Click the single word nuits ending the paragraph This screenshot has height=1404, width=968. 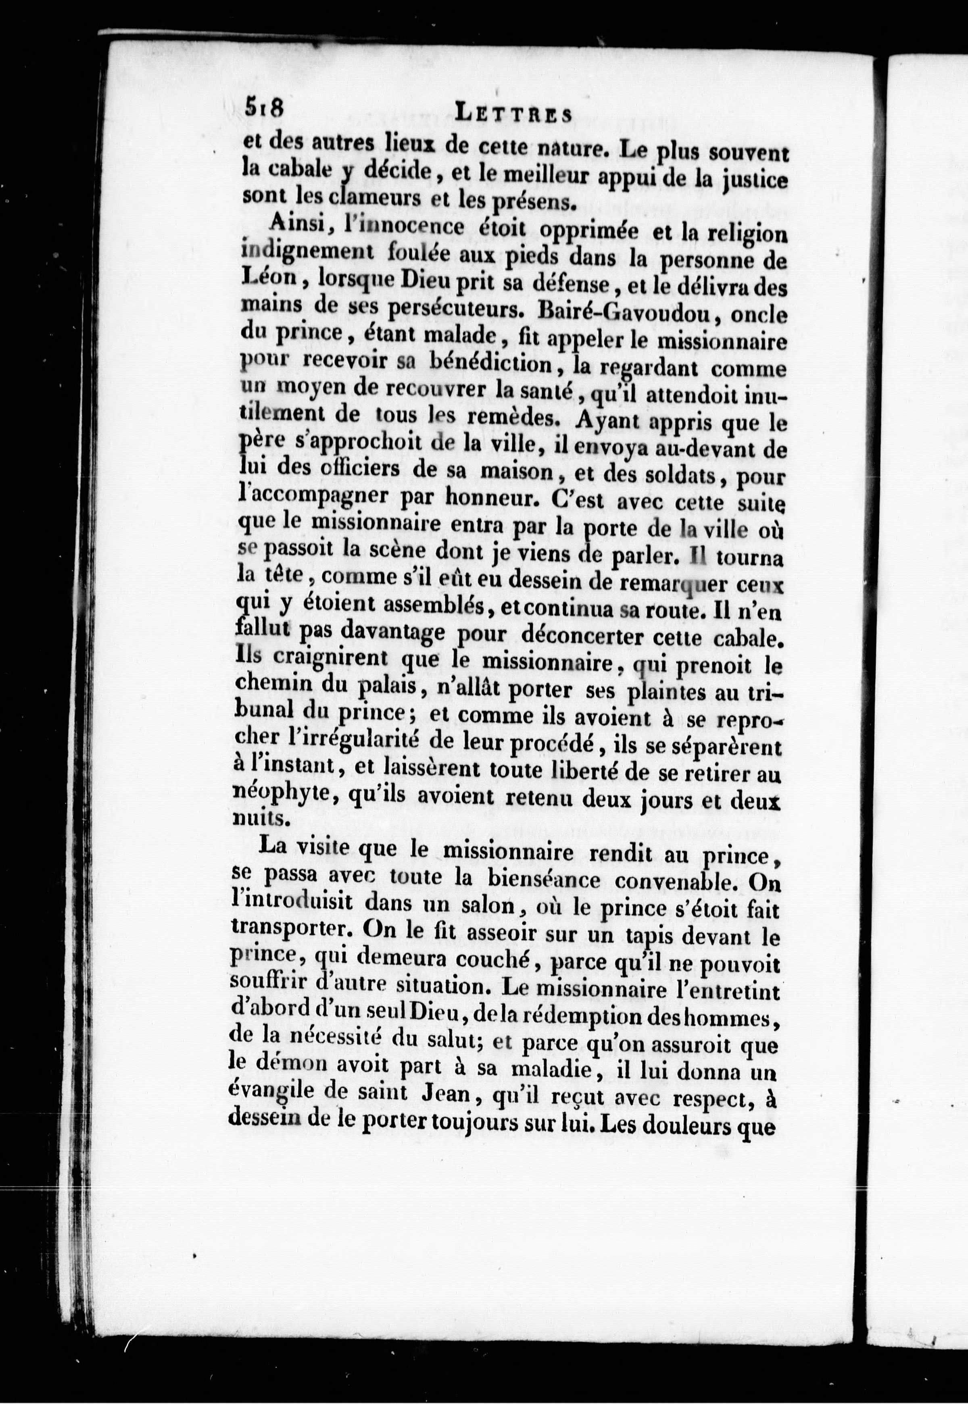(x=252, y=819)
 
